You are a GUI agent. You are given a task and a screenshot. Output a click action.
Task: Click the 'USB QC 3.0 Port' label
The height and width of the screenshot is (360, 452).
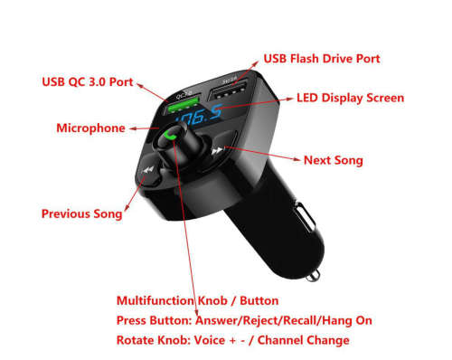click(x=87, y=82)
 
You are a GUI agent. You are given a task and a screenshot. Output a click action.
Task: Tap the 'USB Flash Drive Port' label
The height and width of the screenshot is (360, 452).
click(x=321, y=59)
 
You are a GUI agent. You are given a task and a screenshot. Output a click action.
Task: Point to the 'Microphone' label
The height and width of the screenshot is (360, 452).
click(x=90, y=128)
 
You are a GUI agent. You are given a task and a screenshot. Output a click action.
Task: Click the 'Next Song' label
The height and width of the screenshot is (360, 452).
click(x=333, y=160)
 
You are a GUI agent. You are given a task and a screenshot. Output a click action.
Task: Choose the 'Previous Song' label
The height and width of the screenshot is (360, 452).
click(x=82, y=214)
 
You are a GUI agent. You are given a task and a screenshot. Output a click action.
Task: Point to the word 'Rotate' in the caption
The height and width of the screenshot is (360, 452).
click(x=136, y=340)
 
